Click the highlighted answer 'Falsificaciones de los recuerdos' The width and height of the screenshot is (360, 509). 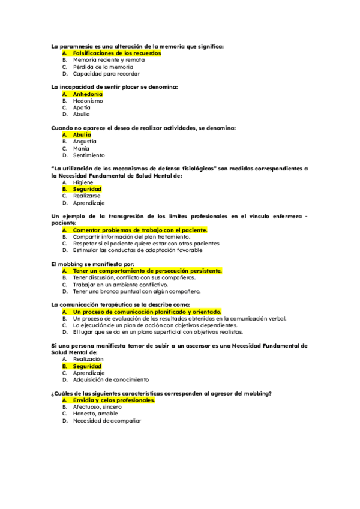click(x=116, y=53)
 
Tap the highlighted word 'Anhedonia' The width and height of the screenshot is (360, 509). click(x=88, y=94)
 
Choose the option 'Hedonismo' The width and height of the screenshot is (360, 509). click(x=88, y=101)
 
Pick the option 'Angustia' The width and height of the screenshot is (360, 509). click(x=85, y=142)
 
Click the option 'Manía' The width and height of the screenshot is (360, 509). click(x=81, y=148)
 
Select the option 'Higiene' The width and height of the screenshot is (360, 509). click(x=83, y=182)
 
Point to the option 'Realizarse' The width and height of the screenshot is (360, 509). click(x=87, y=196)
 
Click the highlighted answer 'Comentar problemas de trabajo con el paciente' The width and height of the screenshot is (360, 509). click(x=140, y=230)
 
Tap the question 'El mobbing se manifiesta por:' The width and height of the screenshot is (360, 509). click(x=92, y=264)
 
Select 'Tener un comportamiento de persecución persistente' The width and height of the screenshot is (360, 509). click(x=147, y=271)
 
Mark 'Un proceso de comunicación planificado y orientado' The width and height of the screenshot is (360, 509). click(x=147, y=312)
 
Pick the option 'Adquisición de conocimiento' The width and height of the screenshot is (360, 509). click(x=111, y=379)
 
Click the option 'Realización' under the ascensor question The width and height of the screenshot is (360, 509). click(x=88, y=359)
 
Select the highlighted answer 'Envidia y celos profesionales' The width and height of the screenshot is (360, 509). click(x=113, y=400)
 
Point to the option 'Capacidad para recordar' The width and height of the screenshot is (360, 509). click(x=106, y=74)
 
